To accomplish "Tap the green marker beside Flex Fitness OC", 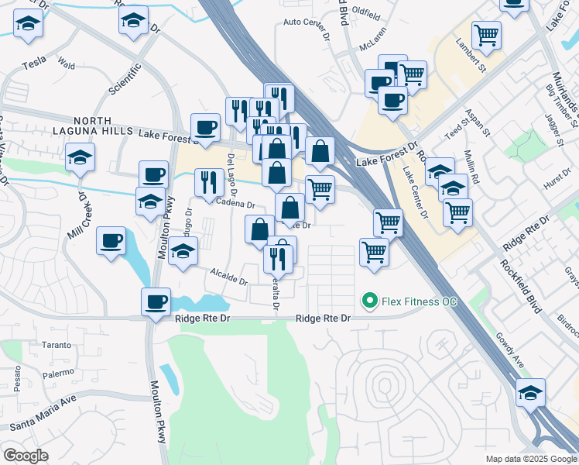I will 370,301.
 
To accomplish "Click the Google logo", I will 25,456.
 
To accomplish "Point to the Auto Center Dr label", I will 307,22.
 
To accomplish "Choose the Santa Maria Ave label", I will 43,412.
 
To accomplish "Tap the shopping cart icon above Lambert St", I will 486,34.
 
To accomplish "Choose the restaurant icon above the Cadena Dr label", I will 208,183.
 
